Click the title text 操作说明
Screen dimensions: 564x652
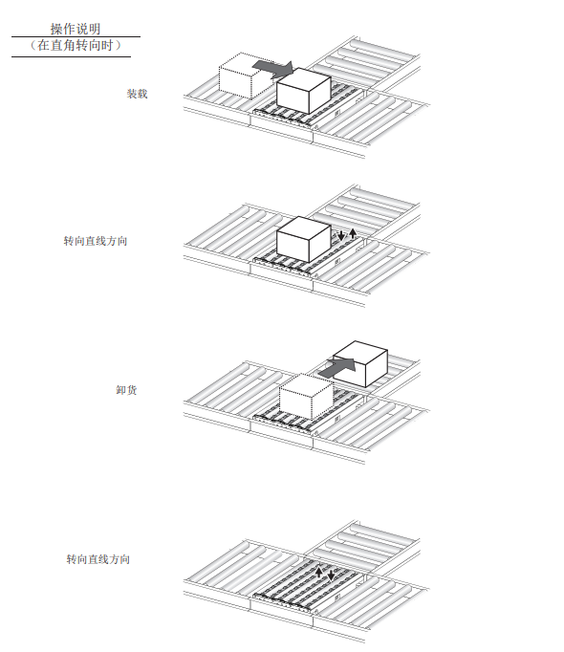76,29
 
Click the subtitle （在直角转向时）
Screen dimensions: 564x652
76,45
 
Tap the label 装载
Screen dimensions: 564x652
138,94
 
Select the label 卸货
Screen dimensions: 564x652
126,390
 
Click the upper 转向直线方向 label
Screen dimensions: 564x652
96,241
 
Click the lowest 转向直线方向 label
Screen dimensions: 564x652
98,559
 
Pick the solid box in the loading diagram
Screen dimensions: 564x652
304,91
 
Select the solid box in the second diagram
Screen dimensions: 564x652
304,239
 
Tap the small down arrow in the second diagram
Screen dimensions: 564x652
341,234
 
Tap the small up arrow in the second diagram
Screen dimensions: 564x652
353,233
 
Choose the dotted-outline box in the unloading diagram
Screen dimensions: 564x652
306,397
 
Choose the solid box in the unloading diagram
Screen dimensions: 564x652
360,364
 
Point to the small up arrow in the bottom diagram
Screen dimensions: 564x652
319,572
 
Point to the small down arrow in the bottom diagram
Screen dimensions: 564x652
331,575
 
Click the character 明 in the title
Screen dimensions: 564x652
95,29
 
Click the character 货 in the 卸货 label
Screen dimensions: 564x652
132,390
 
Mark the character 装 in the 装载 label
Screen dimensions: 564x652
132,94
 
